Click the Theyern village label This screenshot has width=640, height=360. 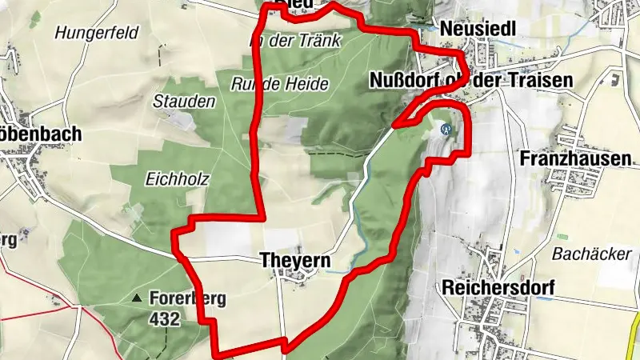click(x=294, y=260)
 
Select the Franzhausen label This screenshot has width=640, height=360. click(x=574, y=158)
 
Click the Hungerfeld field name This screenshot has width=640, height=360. click(x=97, y=33)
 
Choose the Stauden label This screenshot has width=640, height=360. click(x=184, y=102)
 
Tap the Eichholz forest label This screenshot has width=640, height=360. click(x=178, y=179)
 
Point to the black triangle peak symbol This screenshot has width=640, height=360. click(x=137, y=298)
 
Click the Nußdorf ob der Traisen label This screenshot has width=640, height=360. click(x=472, y=81)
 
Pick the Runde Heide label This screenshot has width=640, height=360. click(x=269, y=83)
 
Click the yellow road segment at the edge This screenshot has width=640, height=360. click(x=635, y=336)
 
